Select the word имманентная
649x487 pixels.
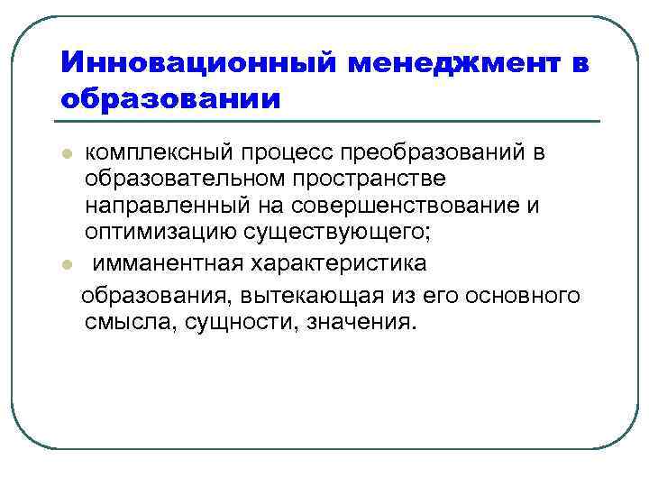point(162,263)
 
